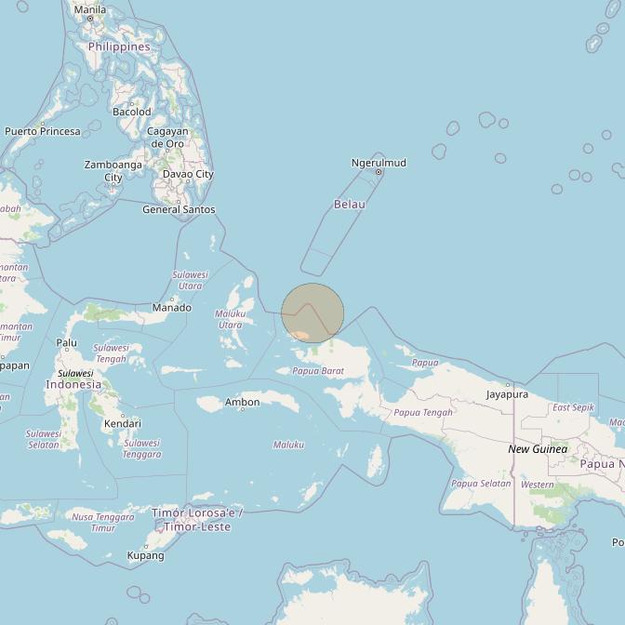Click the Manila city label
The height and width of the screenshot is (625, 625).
89,9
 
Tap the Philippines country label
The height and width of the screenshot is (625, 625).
119,47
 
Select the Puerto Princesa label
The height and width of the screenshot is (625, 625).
43,131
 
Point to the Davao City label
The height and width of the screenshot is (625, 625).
188,174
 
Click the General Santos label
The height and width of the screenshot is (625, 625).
179,209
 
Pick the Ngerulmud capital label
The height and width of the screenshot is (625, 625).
379,163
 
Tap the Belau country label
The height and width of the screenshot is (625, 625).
350,204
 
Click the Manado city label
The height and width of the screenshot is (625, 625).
172,307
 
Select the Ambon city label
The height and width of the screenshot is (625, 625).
242,402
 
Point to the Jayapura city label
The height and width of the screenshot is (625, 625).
507,394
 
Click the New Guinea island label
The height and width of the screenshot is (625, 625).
538,449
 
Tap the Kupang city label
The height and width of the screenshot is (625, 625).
145,555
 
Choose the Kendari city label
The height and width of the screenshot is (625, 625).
122,423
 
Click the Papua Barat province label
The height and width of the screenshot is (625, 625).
318,371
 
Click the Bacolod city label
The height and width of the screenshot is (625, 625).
131,112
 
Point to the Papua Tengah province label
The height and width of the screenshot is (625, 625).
423,412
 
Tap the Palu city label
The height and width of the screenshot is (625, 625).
67,342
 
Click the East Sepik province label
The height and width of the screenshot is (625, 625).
573,407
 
